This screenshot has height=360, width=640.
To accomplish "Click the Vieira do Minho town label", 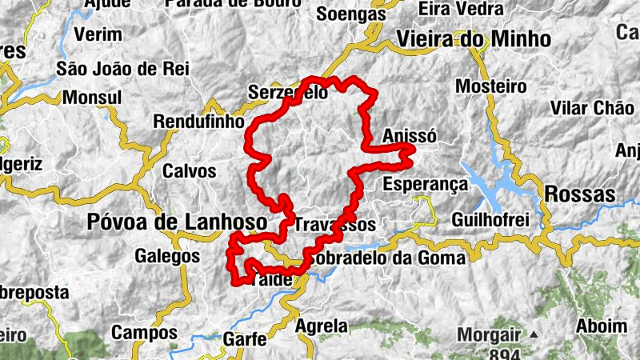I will coord(474,39).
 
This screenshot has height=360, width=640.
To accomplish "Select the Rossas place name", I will coord(579,194).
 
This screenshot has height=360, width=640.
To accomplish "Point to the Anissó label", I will coord(410,136).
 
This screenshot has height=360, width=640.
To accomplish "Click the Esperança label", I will coord(424,184).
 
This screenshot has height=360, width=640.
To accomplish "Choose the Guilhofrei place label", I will coord(491,219).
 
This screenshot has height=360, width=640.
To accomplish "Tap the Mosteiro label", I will coord(490,86).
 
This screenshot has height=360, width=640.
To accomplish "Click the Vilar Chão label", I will coord(593,107).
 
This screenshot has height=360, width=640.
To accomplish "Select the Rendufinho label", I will coord(198,122).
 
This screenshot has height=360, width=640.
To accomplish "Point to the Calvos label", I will coord(189,171).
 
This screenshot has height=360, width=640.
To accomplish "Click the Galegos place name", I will coord(166,257).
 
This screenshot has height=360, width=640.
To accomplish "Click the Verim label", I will coord(98,34).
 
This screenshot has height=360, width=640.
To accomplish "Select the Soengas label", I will coord(350,14).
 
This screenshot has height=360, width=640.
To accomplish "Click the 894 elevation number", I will coord(504,354).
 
